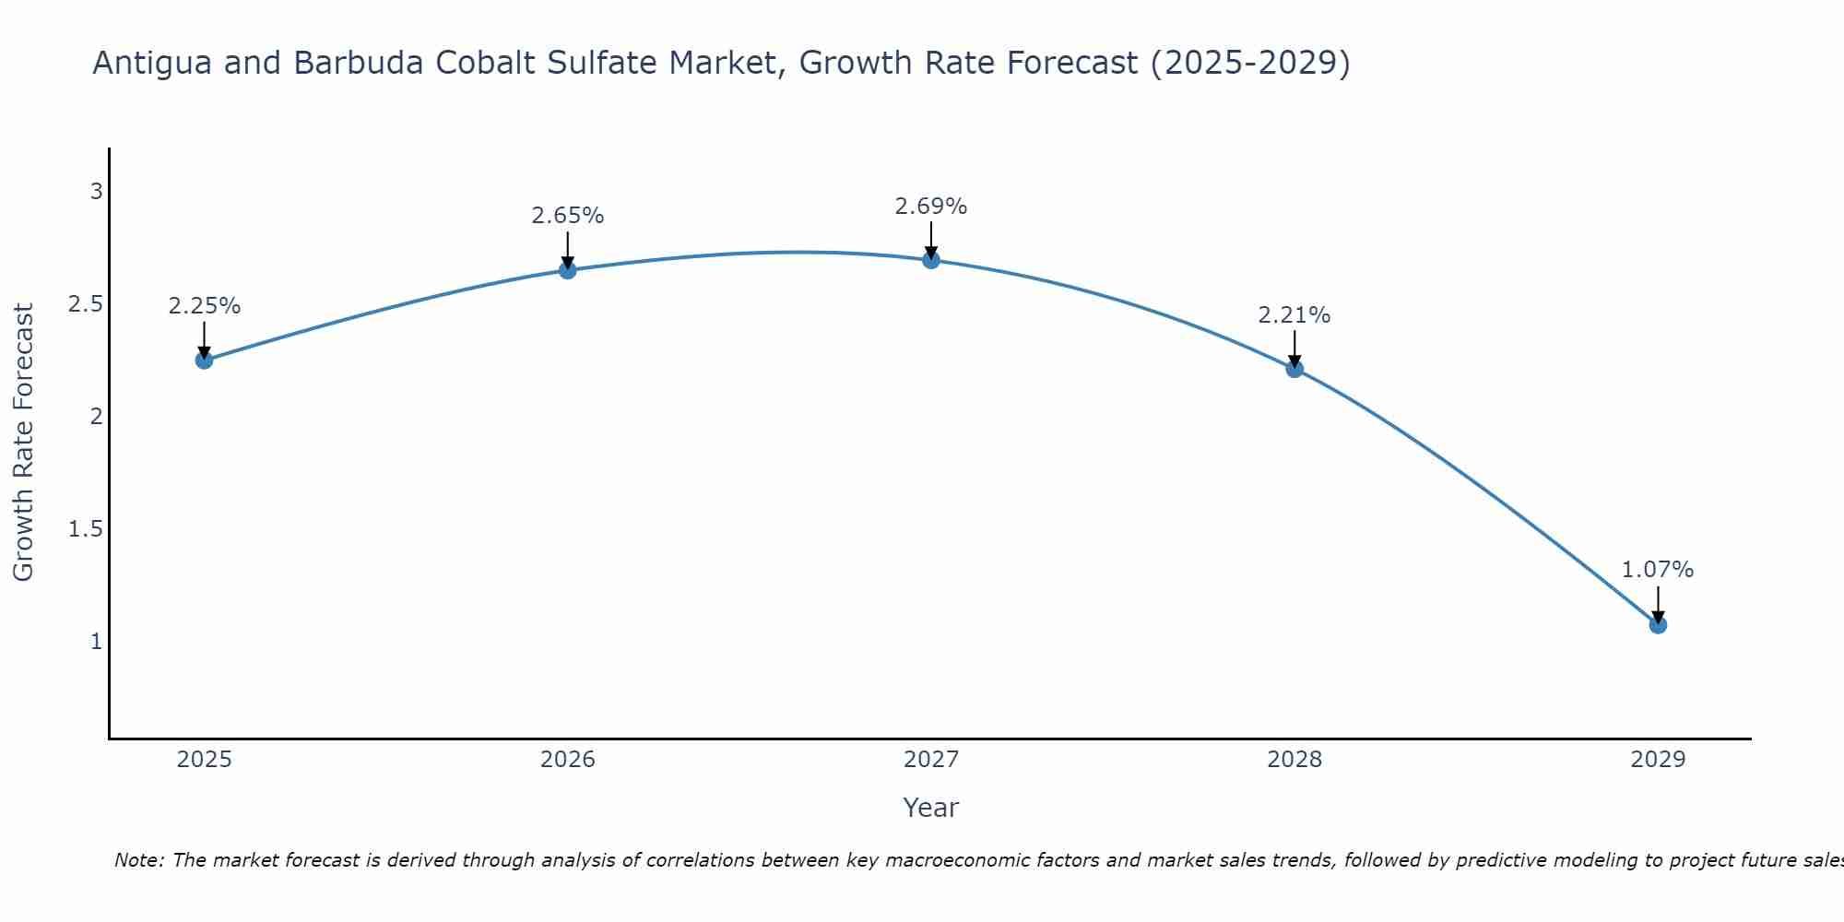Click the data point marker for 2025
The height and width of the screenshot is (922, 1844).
pos(205,360)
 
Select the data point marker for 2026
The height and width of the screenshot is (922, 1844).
pos(568,270)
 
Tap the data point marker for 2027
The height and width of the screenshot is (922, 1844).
pos(931,260)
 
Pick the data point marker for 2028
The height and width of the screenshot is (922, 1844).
pos(1294,369)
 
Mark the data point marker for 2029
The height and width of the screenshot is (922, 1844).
pos(1658,624)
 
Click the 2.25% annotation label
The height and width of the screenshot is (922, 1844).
pos(205,306)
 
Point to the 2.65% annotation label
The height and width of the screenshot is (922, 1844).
pos(568,216)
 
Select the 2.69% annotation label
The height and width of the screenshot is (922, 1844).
pos(931,207)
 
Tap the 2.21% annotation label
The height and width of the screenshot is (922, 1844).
pos(1294,315)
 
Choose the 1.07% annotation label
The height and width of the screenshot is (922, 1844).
pos(1658,570)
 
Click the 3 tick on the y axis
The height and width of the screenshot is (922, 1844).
pos(96,192)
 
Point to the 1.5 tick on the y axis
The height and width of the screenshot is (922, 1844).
pos(86,529)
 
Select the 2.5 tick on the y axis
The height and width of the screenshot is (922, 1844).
pos(86,304)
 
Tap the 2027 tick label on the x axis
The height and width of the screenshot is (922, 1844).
pos(931,760)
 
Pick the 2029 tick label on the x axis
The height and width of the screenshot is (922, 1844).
pos(1658,760)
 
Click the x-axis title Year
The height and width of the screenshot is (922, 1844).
pos(931,808)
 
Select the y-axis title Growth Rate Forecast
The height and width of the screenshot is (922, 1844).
pos(24,443)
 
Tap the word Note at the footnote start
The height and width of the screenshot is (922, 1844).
pos(138,860)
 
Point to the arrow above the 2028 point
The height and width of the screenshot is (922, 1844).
pos(1294,349)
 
